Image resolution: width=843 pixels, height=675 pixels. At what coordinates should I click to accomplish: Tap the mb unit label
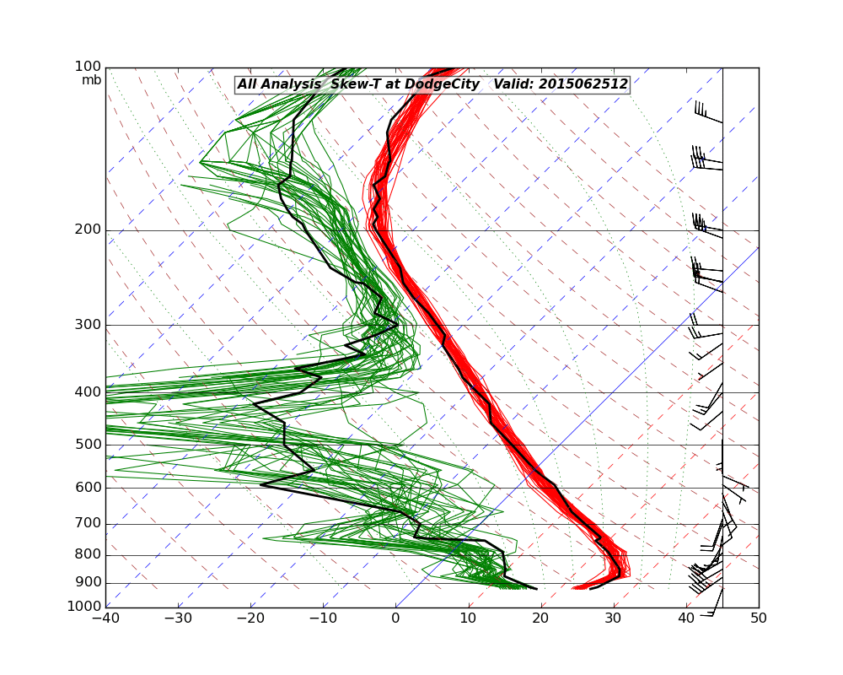(92, 80)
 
